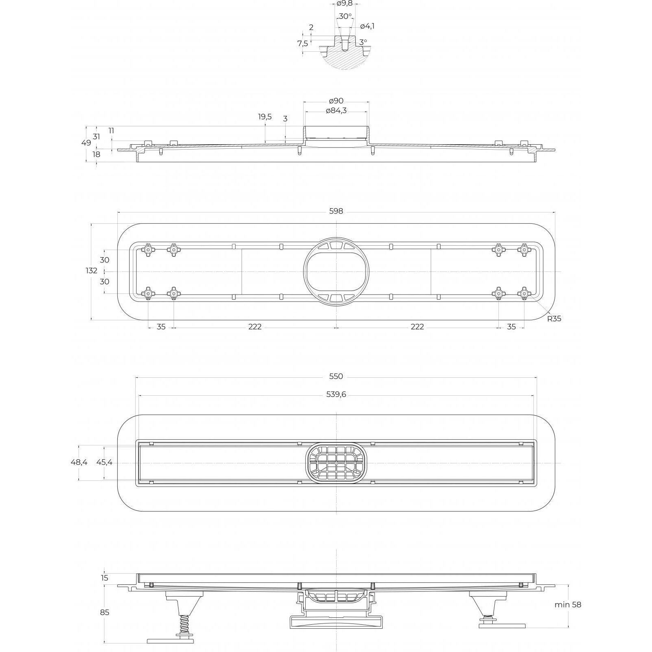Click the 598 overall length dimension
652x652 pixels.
(336, 211)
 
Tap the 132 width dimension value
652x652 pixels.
(92, 271)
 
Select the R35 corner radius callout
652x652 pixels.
(554, 319)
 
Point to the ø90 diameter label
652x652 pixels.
(336, 101)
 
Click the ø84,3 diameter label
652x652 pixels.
(336, 111)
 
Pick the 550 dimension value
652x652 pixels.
(336, 377)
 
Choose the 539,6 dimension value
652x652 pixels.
(336, 394)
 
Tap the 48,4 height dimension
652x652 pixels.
(79, 463)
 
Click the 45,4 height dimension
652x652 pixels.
(104, 463)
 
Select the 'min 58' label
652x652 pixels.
(568, 604)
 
